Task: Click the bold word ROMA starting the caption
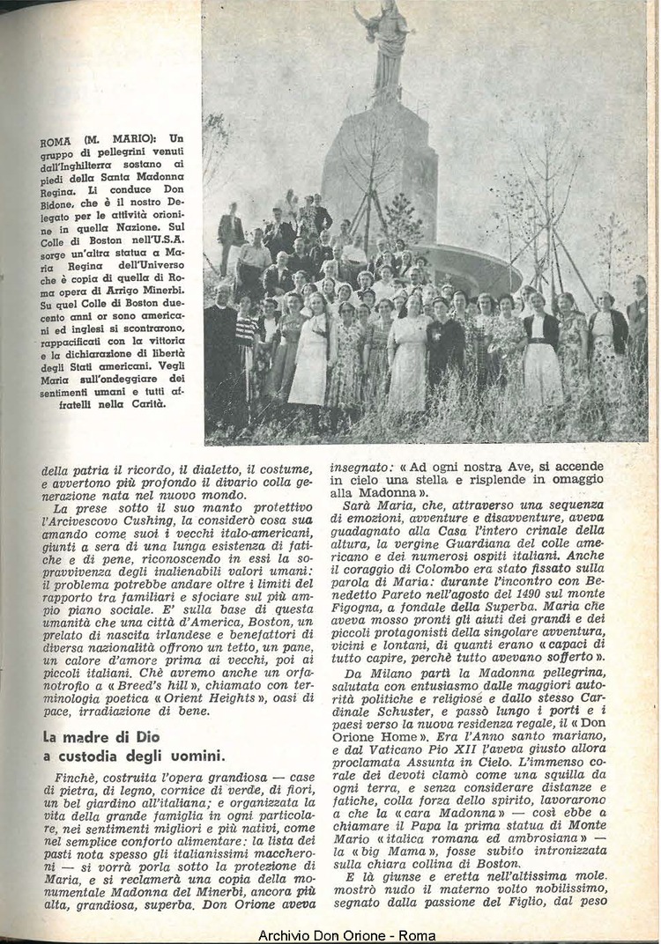pos(56,139)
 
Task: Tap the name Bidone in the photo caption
pos(60,201)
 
